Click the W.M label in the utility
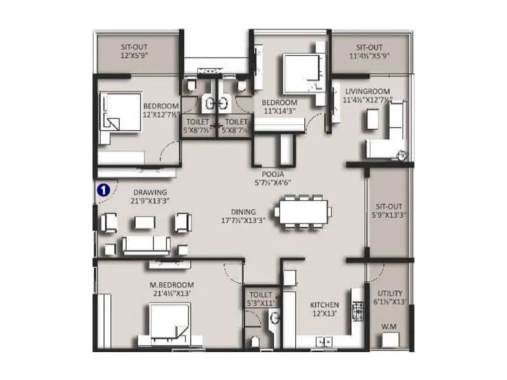pos(390,327)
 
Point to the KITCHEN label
pos(324,305)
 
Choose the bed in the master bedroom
pos(169,323)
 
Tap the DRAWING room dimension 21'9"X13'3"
pos(150,201)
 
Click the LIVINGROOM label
pos(367,91)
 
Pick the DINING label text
pos(243,212)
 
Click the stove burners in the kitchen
pos(357,311)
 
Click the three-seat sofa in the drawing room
pos(146,244)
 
